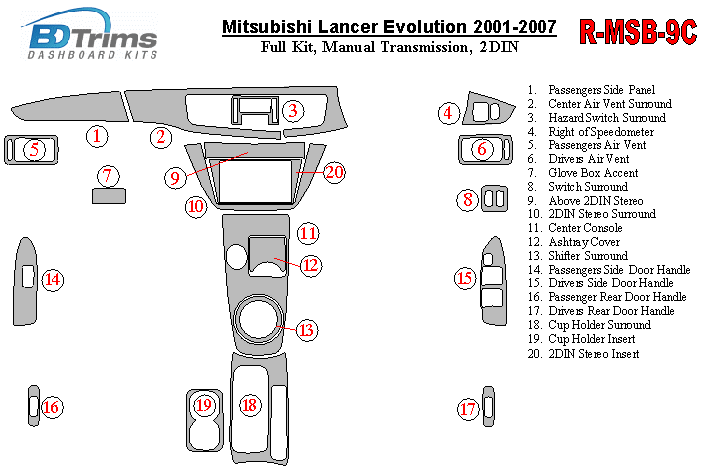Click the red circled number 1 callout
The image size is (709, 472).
[x=96, y=135]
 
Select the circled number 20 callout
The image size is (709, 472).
[x=334, y=172]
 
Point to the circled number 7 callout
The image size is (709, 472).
[x=108, y=176]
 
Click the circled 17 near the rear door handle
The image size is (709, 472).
[x=467, y=408]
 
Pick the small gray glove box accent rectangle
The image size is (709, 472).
[x=108, y=196]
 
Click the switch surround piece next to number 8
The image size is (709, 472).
[x=494, y=199]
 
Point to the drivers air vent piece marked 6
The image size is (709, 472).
[x=483, y=150]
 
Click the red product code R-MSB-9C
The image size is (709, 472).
[x=637, y=32]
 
